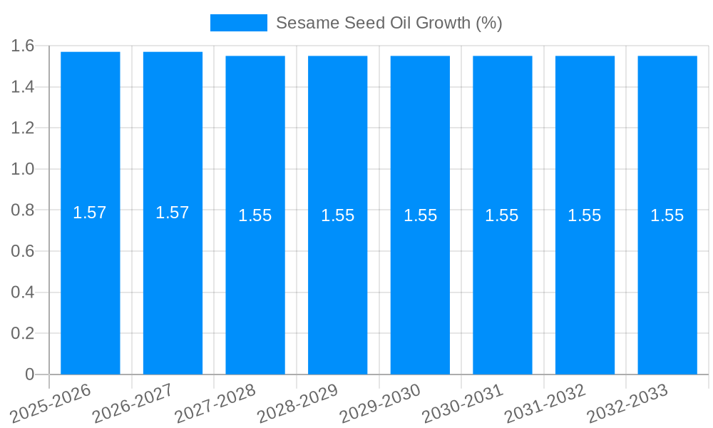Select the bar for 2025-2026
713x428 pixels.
pyautogui.click(x=90, y=285)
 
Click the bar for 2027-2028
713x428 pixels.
pyautogui.click(x=255, y=285)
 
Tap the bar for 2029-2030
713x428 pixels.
pyautogui.click(x=420, y=285)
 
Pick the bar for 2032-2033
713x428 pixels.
pyautogui.click(x=667, y=285)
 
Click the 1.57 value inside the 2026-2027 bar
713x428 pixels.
pyautogui.click(x=173, y=213)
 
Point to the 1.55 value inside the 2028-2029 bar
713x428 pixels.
pyautogui.click(x=337, y=215)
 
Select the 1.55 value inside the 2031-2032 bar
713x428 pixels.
pyautogui.click(x=585, y=215)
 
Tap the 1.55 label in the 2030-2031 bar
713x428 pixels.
pyautogui.click(x=502, y=215)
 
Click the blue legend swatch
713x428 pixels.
pyautogui.click(x=238, y=23)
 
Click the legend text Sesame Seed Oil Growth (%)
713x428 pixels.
pyautogui.click(x=389, y=23)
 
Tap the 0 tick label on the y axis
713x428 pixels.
pyautogui.click(x=29, y=374)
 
